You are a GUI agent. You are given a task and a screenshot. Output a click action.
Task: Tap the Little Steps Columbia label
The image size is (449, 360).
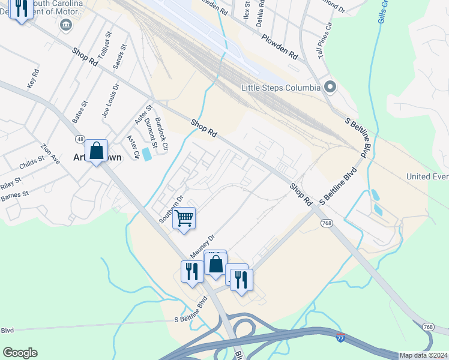click(280, 88)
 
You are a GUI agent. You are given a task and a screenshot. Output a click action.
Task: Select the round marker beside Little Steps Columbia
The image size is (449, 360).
click(330, 88)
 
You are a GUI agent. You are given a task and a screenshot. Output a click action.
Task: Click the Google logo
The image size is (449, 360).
click(20, 353)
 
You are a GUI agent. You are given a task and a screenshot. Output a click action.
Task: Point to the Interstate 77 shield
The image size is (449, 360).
click(340, 338)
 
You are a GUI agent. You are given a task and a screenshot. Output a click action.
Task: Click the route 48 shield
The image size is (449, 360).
click(79, 140)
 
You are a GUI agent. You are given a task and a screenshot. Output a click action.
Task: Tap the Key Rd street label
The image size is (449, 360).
click(34, 79)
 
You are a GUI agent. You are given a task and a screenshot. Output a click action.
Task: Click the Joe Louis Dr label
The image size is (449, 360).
click(111, 100)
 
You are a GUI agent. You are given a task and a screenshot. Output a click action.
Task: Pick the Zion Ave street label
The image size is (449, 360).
click(50, 154)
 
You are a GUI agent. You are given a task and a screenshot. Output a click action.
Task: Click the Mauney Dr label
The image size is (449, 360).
click(203, 244)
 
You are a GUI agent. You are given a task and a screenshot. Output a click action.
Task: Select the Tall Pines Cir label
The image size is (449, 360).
click(325, 40)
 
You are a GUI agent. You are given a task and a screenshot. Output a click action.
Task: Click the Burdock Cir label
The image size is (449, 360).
click(161, 134)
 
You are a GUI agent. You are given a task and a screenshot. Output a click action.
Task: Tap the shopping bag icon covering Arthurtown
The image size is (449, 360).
click(96, 151)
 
